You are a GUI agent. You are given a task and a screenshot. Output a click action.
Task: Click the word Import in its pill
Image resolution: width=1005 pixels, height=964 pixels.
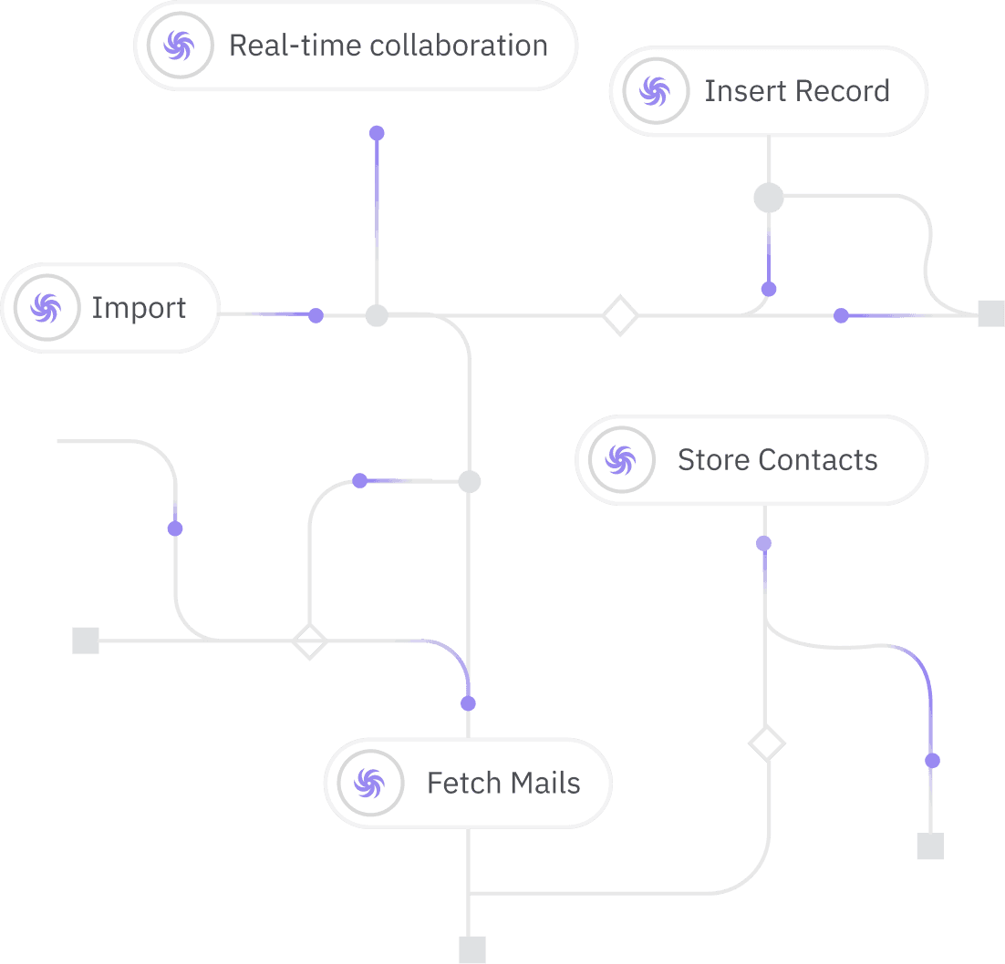pyautogui.click(x=139, y=308)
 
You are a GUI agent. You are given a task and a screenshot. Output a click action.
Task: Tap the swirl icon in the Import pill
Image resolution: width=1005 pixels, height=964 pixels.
pyautogui.click(x=44, y=308)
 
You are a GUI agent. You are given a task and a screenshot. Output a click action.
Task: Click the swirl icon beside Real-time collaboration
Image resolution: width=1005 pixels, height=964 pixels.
pyautogui.click(x=177, y=46)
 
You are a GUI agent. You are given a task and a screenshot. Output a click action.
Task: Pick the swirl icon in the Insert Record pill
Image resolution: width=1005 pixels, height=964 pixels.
pyautogui.click(x=654, y=91)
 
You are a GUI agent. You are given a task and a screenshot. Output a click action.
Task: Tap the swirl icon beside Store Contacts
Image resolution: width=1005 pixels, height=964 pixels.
pyautogui.click(x=621, y=460)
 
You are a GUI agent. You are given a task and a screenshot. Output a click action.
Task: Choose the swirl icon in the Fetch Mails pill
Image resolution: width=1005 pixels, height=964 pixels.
pyautogui.click(x=369, y=783)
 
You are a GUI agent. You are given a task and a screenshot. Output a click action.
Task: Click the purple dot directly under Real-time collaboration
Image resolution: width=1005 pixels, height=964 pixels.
pyautogui.click(x=377, y=133)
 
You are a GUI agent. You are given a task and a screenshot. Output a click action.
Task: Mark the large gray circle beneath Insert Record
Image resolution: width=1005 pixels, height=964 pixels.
pyautogui.click(x=769, y=198)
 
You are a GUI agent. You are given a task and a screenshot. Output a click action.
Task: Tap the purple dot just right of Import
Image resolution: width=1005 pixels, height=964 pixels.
pyautogui.click(x=316, y=315)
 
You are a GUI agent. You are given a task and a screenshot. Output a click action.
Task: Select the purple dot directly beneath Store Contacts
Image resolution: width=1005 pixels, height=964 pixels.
pyautogui.click(x=764, y=544)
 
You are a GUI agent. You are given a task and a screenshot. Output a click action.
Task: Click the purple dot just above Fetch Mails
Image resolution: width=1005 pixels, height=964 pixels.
pyautogui.click(x=468, y=703)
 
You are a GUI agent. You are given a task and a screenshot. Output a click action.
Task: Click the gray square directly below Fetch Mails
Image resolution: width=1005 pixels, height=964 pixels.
pyautogui.click(x=471, y=949)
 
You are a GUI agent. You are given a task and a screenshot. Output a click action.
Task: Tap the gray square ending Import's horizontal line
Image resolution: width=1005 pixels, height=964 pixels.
pyautogui.click(x=990, y=313)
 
